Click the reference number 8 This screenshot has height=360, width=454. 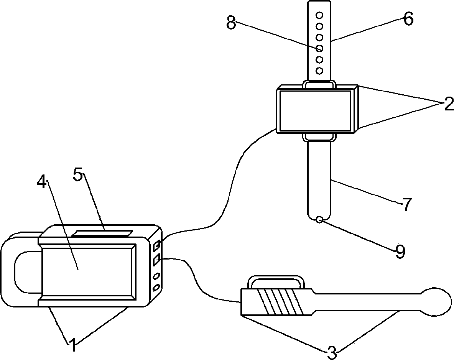tap(230, 23)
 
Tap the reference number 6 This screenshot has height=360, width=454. tap(408, 19)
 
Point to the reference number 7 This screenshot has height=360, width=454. tap(406, 205)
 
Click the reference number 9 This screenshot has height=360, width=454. tap(400, 252)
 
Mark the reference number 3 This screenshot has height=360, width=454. tap(332, 352)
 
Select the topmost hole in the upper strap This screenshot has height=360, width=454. tap(319, 15)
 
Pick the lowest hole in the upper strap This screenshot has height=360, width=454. tap(319, 71)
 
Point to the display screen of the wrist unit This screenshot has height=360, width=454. tap(315, 110)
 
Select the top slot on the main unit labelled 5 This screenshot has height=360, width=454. tap(103, 233)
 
